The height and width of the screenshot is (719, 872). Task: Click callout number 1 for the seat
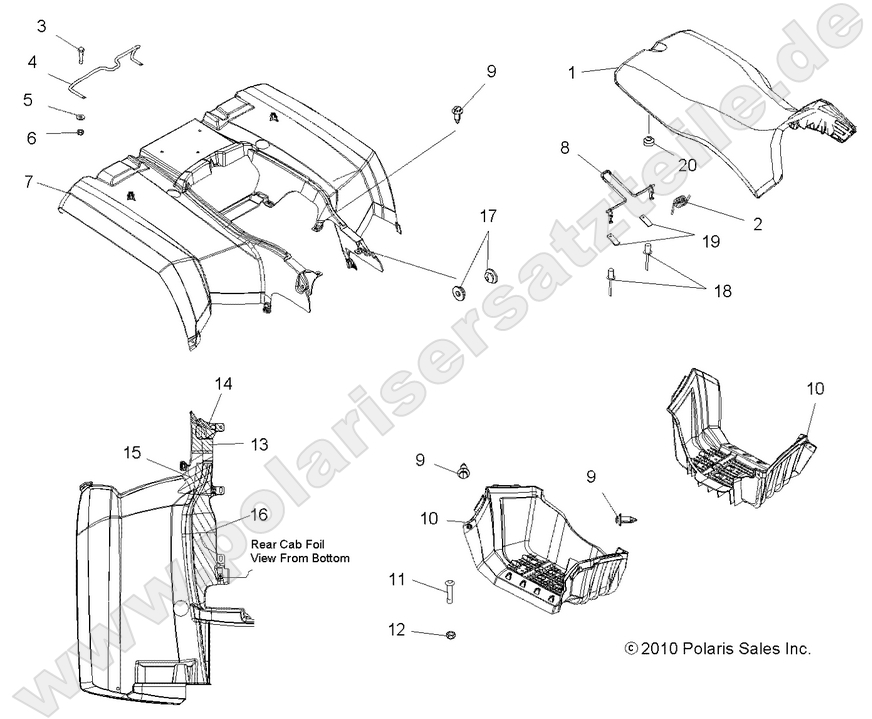pos(571,72)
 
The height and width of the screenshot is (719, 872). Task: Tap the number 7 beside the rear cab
pos(28,181)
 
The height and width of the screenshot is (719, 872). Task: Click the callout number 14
pos(223,383)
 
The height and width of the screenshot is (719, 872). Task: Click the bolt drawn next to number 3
pos(79,45)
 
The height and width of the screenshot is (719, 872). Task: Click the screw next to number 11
pos(447,592)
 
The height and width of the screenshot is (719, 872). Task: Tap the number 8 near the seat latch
pos(565,148)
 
